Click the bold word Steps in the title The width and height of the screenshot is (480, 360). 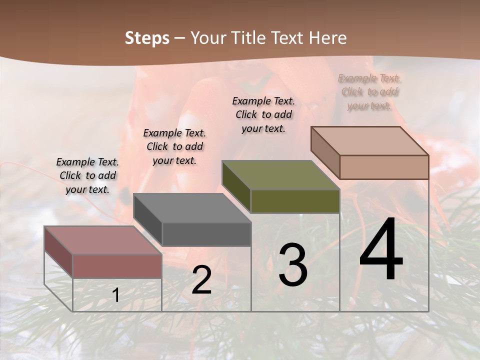pyautogui.click(x=147, y=38)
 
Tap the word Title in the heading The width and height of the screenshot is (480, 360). pyautogui.click(x=248, y=38)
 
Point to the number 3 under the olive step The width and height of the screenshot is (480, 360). pyautogui.click(x=293, y=265)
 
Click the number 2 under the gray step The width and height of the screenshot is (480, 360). pyautogui.click(x=201, y=280)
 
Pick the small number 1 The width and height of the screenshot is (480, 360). pyautogui.click(x=116, y=295)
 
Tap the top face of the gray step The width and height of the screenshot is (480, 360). pyautogui.click(x=192, y=208)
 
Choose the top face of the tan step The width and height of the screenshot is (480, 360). pyautogui.click(x=370, y=141)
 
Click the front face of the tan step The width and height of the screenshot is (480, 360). pyautogui.click(x=384, y=167)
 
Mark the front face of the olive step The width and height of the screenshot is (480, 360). pyautogui.click(x=295, y=201)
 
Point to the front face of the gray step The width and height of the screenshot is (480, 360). pyautogui.click(x=206, y=234)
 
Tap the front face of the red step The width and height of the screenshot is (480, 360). pyautogui.click(x=117, y=266)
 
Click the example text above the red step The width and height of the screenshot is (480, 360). pyautogui.click(x=87, y=176)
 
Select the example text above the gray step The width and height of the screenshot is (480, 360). pyautogui.click(x=174, y=147)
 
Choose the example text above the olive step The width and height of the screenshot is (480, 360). pyautogui.click(x=263, y=114)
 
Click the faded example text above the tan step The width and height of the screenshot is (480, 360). pyautogui.click(x=369, y=92)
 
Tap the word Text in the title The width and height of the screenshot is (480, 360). pyautogui.click(x=288, y=38)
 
